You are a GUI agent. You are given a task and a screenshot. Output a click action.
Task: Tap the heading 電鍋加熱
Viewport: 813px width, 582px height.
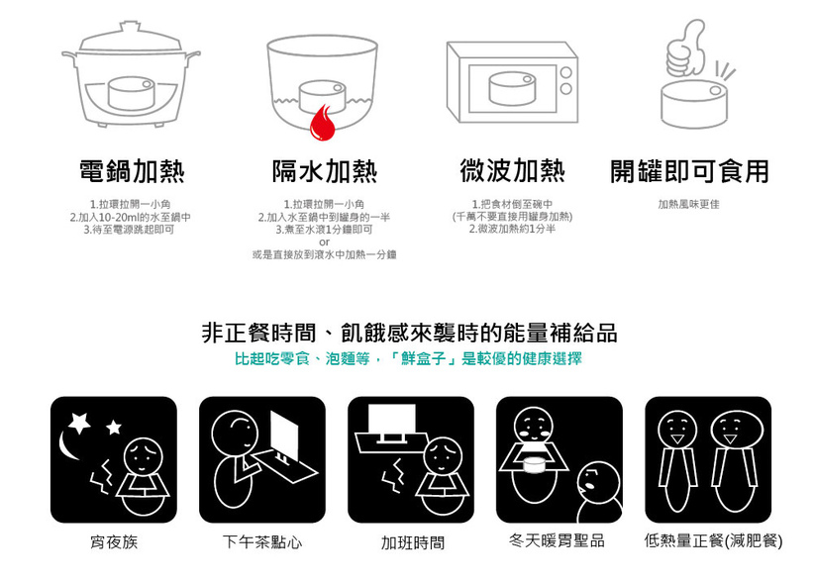pyautogui.click(x=132, y=171)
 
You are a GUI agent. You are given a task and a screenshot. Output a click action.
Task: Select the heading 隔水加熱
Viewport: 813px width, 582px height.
pyautogui.click(x=325, y=171)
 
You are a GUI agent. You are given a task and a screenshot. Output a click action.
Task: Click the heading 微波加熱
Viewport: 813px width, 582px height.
pyautogui.click(x=512, y=171)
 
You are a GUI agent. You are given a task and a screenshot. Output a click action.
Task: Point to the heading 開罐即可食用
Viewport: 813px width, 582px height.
pyautogui.click(x=689, y=171)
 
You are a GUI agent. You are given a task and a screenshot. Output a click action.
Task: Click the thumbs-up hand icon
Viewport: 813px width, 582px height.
pyautogui.click(x=686, y=48)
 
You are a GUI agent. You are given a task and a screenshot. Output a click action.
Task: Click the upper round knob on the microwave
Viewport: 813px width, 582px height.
pyautogui.click(x=565, y=72)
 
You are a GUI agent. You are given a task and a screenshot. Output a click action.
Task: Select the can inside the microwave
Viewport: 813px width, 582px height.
pyautogui.click(x=512, y=89)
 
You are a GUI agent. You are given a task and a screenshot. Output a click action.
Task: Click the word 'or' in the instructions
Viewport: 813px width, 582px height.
pyautogui.click(x=324, y=242)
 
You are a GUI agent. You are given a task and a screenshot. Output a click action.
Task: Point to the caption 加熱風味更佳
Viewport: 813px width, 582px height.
pyautogui.click(x=688, y=204)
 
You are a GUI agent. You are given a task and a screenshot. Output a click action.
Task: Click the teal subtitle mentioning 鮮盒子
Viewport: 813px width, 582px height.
pyautogui.click(x=408, y=358)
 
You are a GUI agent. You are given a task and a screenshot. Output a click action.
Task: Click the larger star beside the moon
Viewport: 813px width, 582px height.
pyautogui.click(x=79, y=422)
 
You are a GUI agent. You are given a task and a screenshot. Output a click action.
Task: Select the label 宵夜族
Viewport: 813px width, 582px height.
pyautogui.click(x=114, y=542)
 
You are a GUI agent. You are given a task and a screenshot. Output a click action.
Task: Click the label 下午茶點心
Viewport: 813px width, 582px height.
pyautogui.click(x=262, y=542)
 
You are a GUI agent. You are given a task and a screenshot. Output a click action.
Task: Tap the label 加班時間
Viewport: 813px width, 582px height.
pyautogui.click(x=413, y=542)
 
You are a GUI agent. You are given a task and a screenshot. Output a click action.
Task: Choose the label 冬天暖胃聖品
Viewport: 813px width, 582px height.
pyautogui.click(x=557, y=541)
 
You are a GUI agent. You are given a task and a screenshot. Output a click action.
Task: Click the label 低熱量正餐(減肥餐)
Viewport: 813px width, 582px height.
pyautogui.click(x=713, y=541)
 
